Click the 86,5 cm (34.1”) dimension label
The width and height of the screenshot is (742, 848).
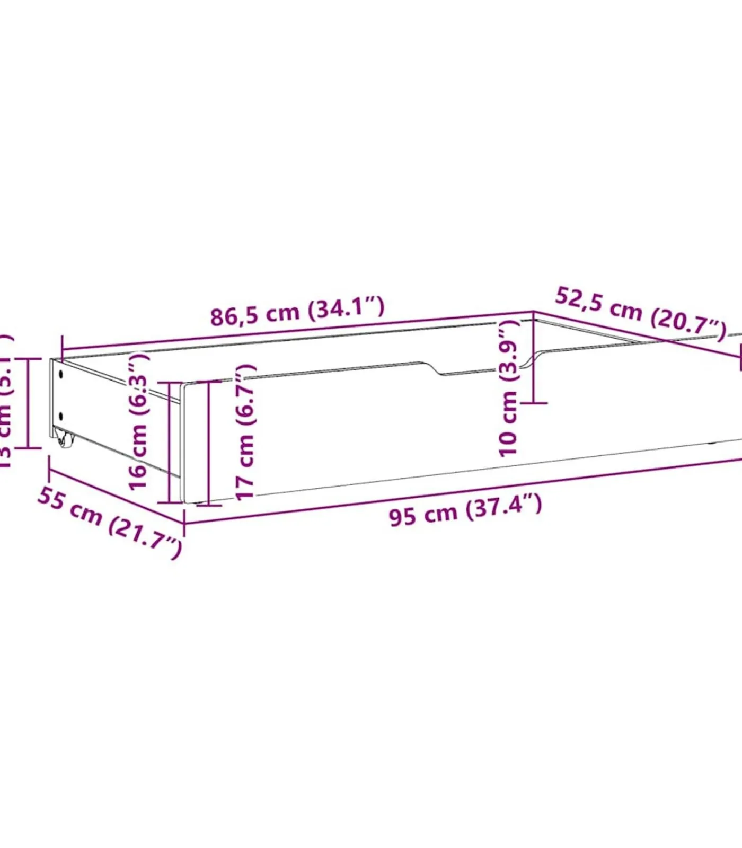click(297, 312)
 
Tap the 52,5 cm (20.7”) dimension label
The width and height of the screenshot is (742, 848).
click(641, 313)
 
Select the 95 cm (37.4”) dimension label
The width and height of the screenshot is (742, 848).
click(465, 510)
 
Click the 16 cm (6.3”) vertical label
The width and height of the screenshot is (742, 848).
click(139, 422)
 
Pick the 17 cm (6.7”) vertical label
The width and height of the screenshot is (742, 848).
click(245, 431)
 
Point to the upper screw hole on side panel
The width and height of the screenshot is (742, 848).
click(61, 374)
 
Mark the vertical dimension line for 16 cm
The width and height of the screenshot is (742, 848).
click(169, 443)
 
